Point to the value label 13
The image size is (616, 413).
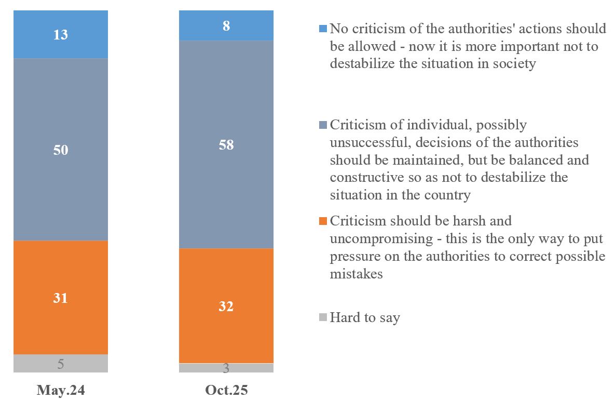[61, 35]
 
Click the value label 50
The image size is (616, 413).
[61, 150]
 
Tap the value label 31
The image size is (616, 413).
[61, 298]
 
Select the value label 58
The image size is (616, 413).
[226, 145]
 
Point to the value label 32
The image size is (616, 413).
[226, 307]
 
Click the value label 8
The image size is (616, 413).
[226, 26]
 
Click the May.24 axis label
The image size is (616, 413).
[61, 391]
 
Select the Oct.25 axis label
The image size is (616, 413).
[226, 391]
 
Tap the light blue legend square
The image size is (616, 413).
[323, 28]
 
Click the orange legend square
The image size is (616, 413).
[323, 221]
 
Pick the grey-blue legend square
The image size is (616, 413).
[323, 125]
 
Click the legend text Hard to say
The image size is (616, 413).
[365, 317]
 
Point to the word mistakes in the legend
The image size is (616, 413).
[356, 274]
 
